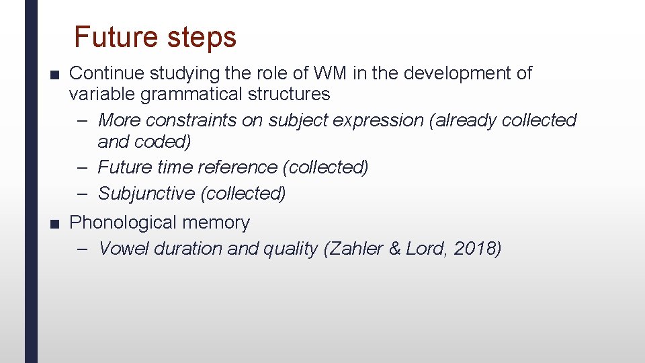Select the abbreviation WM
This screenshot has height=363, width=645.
coord(330,73)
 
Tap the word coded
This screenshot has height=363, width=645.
coord(164,141)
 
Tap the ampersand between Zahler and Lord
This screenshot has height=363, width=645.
coord(395,249)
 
